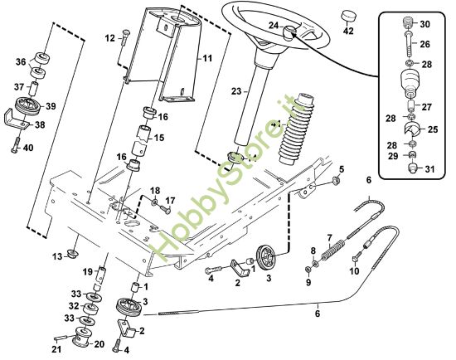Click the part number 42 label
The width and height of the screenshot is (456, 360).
(348, 30)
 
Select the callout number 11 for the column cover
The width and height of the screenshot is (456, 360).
(207, 58)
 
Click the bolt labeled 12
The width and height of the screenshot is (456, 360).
(124, 37)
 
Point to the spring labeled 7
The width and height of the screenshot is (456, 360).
(332, 251)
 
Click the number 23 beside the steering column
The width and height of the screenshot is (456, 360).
(236, 91)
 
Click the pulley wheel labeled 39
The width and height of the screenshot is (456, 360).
(27, 106)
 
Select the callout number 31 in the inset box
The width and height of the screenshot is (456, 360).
(429, 168)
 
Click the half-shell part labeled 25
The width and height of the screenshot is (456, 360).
(412, 129)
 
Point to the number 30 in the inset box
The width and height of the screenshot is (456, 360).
(424, 24)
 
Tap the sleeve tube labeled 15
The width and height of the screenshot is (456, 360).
(140, 140)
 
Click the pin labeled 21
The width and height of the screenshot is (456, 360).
(61, 338)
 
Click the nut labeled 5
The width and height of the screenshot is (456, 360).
(336, 181)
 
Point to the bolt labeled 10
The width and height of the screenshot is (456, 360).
(357, 256)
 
